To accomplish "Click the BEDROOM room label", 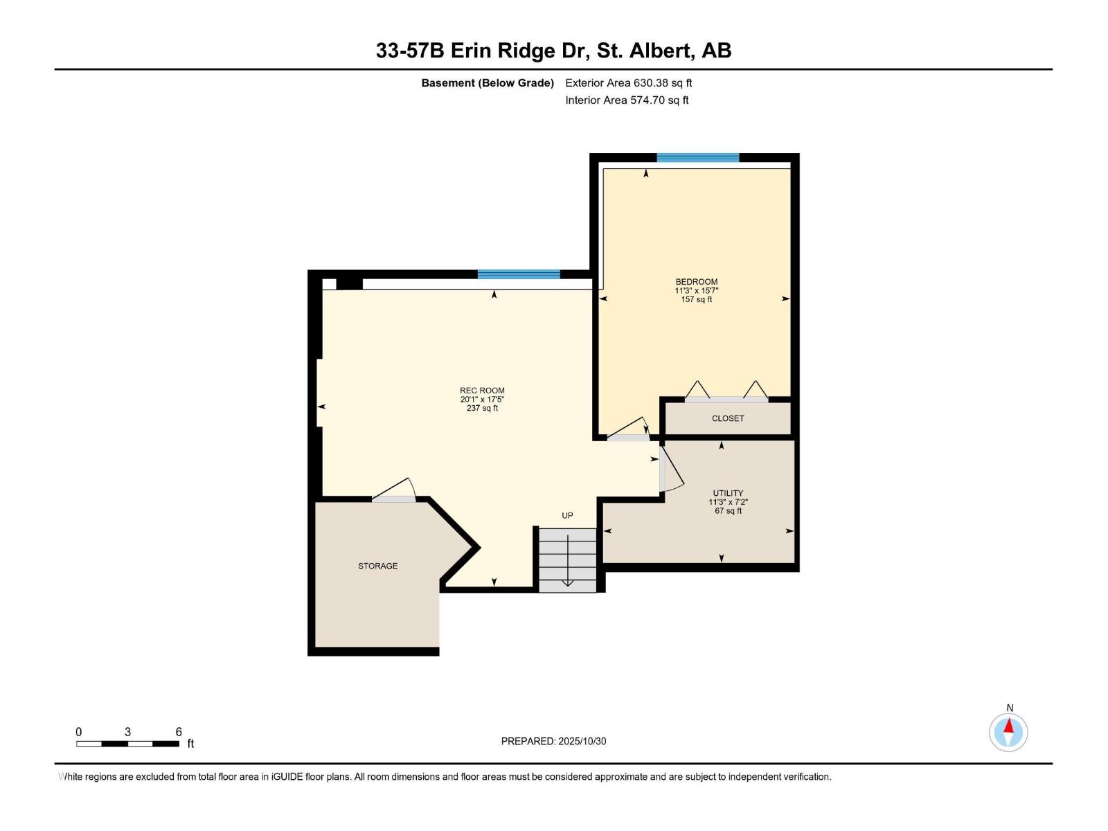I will (x=696, y=282).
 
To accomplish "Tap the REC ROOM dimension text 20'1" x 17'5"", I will (x=482, y=400).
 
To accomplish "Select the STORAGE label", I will (x=377, y=566).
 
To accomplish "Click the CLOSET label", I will (x=728, y=418).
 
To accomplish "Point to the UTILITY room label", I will (x=728, y=493).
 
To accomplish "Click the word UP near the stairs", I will (x=567, y=515).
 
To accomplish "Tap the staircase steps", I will (x=568, y=560).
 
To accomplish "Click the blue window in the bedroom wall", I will (x=697, y=158).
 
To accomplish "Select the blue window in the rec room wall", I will (x=519, y=274).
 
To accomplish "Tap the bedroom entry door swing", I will (x=629, y=429).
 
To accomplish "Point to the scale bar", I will (x=128, y=743).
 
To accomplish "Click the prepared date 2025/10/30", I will (x=553, y=741).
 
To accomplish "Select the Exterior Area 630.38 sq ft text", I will (x=628, y=82).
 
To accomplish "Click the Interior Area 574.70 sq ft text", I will (x=627, y=100).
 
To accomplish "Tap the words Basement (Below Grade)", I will (x=488, y=82).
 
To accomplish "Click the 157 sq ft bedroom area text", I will (x=696, y=299).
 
